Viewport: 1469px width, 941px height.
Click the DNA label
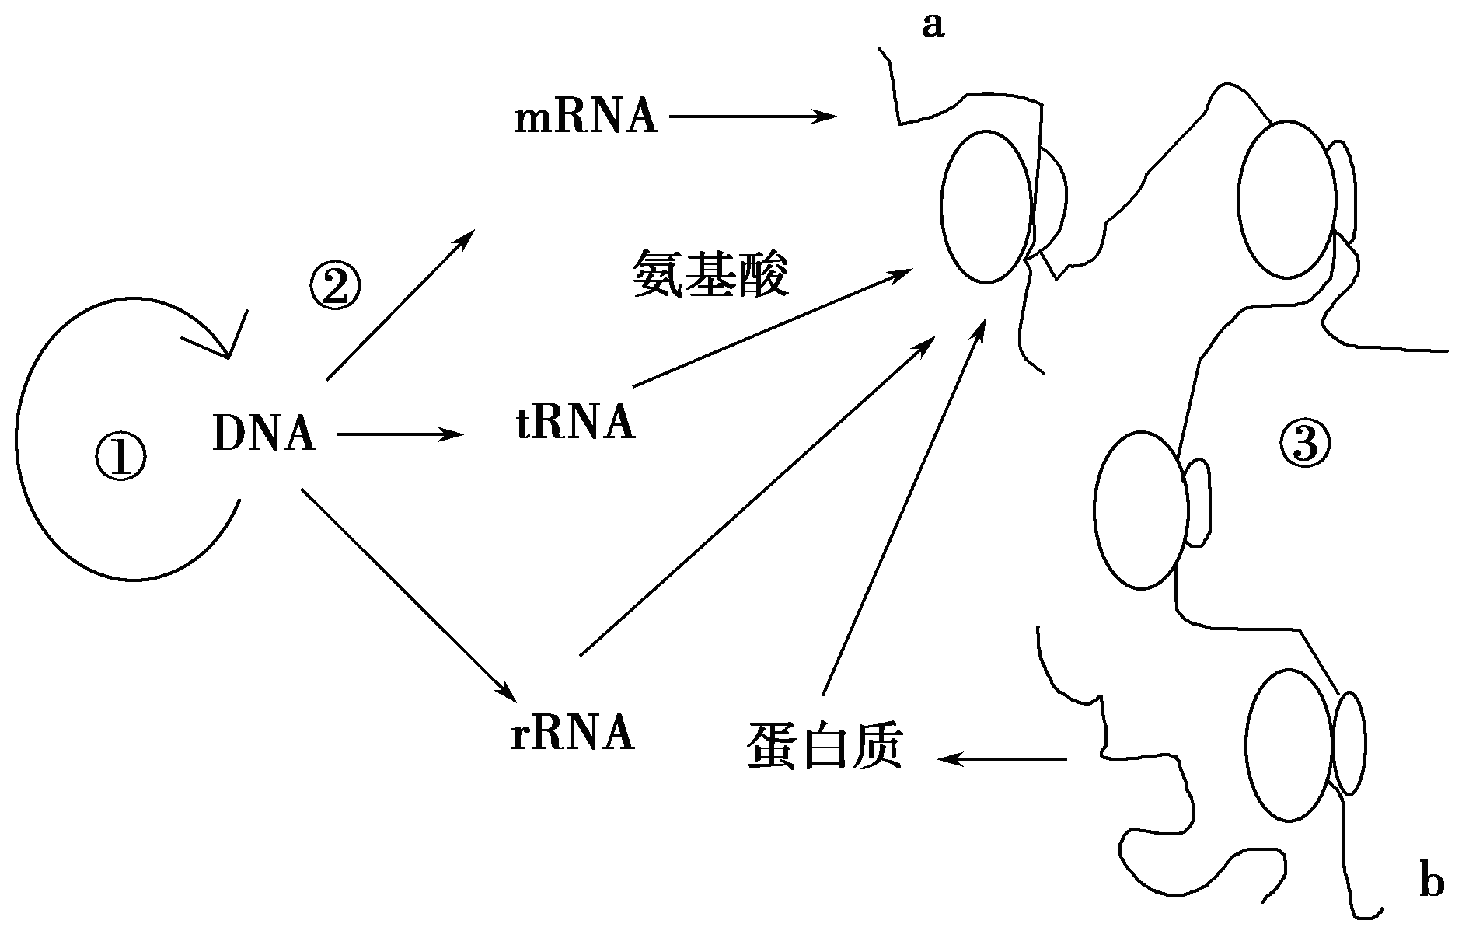coord(264,434)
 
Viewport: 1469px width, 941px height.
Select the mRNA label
coord(586,118)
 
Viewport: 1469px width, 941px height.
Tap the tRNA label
coord(575,423)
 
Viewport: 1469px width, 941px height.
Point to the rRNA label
coord(573,733)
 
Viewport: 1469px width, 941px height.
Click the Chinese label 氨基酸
coord(710,274)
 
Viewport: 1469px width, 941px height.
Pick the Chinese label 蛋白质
coord(825,746)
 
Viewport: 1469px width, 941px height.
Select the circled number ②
coord(336,285)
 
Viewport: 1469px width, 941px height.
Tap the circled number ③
coord(1304,444)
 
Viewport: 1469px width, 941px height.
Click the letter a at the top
coord(932,26)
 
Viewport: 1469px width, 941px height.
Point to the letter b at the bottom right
coord(1431,883)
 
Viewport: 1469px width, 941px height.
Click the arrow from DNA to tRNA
coord(400,434)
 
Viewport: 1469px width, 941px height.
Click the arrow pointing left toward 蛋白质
coord(1003,758)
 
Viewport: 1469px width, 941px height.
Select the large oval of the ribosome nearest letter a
coord(987,206)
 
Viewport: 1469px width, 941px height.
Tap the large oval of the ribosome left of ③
coord(1140,510)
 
